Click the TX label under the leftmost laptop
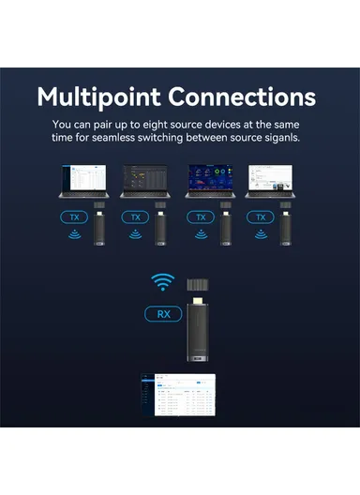[74, 217]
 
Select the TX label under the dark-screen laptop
[135, 217]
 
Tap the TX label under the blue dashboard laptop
[199, 217]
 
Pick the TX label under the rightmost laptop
[260, 217]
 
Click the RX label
[164, 314]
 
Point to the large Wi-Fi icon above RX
[164, 280]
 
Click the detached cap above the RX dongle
[197, 282]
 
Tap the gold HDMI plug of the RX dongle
[197, 300]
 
